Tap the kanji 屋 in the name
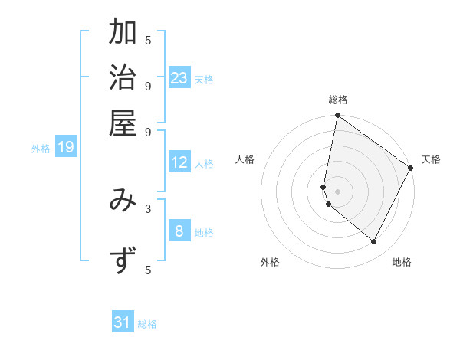[x=123, y=122]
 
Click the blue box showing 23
[x=179, y=77]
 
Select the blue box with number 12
[x=179, y=162]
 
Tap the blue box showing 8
[x=179, y=231]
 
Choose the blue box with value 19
[x=66, y=147]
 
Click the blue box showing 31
[x=123, y=322]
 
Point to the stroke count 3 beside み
[x=148, y=208]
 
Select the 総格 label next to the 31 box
[x=147, y=324]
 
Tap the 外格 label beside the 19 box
[x=41, y=149]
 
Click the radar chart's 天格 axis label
[x=431, y=159]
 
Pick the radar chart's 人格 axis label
[x=245, y=159]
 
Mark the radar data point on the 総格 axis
[x=337, y=116]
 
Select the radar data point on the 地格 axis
[x=374, y=242]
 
